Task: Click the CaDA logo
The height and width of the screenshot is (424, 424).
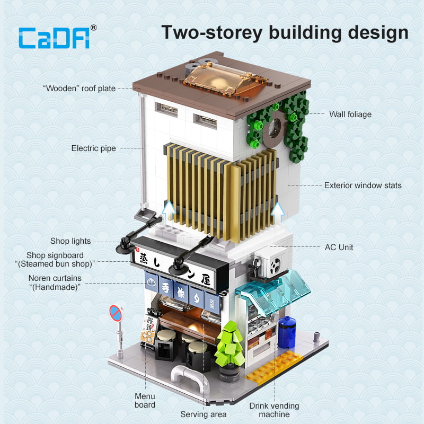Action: point(57,37)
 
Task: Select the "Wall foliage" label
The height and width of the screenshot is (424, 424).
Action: point(350,114)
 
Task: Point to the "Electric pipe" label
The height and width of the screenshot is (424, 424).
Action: point(94,148)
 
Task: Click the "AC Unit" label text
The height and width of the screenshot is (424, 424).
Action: point(339,247)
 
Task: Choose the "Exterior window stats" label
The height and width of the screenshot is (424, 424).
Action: point(363,185)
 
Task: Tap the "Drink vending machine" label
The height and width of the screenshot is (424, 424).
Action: point(274,410)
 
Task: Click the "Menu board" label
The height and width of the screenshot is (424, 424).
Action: point(145,401)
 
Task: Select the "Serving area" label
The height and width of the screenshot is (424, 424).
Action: point(204,414)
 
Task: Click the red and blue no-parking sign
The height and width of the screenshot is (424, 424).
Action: point(116,313)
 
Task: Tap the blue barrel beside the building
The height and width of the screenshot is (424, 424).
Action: point(287,332)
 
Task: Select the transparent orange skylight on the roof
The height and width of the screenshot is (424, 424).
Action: point(225,78)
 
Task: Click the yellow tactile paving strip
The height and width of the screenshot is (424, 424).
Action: point(273,367)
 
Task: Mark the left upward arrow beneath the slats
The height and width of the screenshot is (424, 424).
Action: point(169,211)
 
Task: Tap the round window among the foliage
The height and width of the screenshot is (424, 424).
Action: point(274,128)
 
